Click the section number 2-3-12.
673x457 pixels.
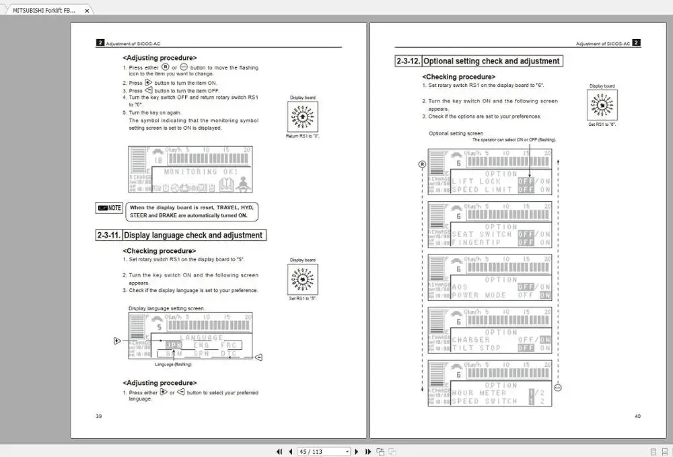[408, 61]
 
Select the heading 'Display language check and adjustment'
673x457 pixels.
[193, 236]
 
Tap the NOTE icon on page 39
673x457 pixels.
[109, 208]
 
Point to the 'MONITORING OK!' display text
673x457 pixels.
[200, 172]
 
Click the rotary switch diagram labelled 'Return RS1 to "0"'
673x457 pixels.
[302, 116]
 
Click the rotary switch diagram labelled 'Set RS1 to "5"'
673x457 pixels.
[302, 279]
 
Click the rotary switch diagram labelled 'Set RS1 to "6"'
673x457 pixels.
[602, 105]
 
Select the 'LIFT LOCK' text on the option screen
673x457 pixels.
[476, 182]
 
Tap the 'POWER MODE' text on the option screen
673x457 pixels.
[479, 295]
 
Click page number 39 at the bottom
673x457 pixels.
[99, 416]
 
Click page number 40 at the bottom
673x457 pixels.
[637, 416]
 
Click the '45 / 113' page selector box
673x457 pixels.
[324, 452]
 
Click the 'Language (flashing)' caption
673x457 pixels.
[173, 364]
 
